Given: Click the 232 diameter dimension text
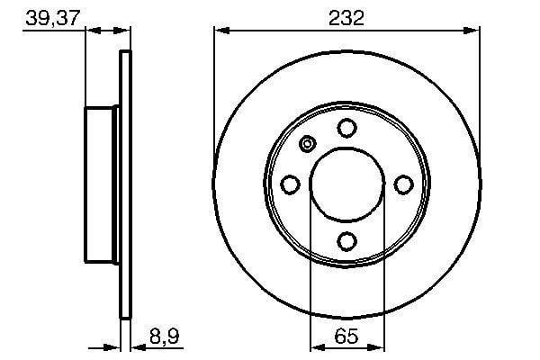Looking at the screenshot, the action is [x=346, y=18].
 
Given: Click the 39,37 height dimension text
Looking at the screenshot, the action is [x=53, y=18].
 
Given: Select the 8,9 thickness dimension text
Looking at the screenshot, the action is [x=165, y=337].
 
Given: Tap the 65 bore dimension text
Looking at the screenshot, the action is [x=346, y=337].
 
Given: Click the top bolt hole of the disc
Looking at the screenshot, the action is [x=346, y=128].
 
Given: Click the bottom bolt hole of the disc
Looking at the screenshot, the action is [x=346, y=241].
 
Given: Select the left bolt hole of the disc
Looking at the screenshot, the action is [x=290, y=184].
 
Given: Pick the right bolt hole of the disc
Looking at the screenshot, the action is [x=403, y=184].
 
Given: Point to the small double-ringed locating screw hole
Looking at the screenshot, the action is [x=308, y=144].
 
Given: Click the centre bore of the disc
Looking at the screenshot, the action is [x=346, y=184].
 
